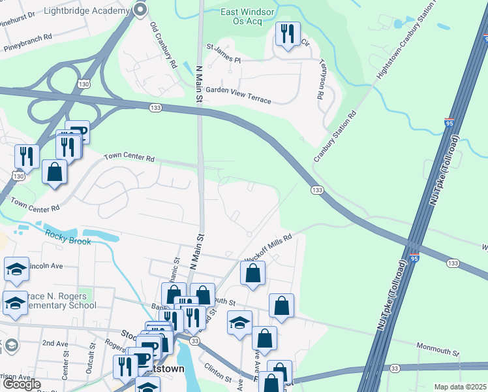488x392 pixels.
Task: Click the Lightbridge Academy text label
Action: click(85, 11)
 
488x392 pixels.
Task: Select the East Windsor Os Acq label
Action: click(241, 16)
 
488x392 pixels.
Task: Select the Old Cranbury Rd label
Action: click(164, 46)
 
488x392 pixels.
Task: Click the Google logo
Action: click(22, 384)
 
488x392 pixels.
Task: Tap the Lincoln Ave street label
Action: click(44, 267)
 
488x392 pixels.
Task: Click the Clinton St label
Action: click(218, 372)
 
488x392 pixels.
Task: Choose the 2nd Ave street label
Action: click(55, 343)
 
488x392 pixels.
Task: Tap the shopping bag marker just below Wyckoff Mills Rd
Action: click(252, 274)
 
